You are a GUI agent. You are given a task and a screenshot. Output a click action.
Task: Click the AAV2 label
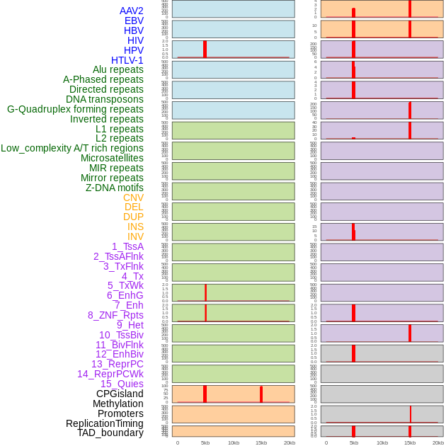click(x=132, y=11)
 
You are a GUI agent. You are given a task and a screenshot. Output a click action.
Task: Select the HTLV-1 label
click(x=127, y=60)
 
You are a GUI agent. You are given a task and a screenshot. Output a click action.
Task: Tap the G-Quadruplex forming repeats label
click(x=75, y=109)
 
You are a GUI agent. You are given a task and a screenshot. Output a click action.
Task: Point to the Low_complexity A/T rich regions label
click(x=72, y=148)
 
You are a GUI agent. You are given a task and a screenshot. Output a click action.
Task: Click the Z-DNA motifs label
click(x=115, y=188)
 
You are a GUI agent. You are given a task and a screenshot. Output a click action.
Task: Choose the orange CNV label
click(x=133, y=198)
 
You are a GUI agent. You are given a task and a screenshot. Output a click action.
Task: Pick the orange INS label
click(x=135, y=227)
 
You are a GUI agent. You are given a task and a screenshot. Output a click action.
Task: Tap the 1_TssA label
click(x=127, y=246)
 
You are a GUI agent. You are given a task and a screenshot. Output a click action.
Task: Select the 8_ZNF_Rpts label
click(x=115, y=315)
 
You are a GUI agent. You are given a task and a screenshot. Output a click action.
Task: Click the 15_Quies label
click(x=122, y=384)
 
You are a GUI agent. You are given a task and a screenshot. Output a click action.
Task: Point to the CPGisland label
click(x=120, y=394)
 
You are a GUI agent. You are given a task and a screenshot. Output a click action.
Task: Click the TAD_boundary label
click(x=110, y=433)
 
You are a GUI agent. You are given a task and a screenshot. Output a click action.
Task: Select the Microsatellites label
click(x=112, y=158)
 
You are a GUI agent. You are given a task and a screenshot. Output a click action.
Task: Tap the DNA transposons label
click(x=105, y=99)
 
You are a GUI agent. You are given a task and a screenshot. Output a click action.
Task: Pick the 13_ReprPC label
click(x=118, y=364)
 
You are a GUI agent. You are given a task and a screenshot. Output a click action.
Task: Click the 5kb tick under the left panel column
click(x=205, y=442)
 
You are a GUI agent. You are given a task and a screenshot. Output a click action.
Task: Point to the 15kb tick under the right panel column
click(x=410, y=442)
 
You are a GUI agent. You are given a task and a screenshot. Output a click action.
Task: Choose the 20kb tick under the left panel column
click(x=290, y=442)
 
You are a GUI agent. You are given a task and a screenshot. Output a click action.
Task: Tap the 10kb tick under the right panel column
click(x=382, y=442)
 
